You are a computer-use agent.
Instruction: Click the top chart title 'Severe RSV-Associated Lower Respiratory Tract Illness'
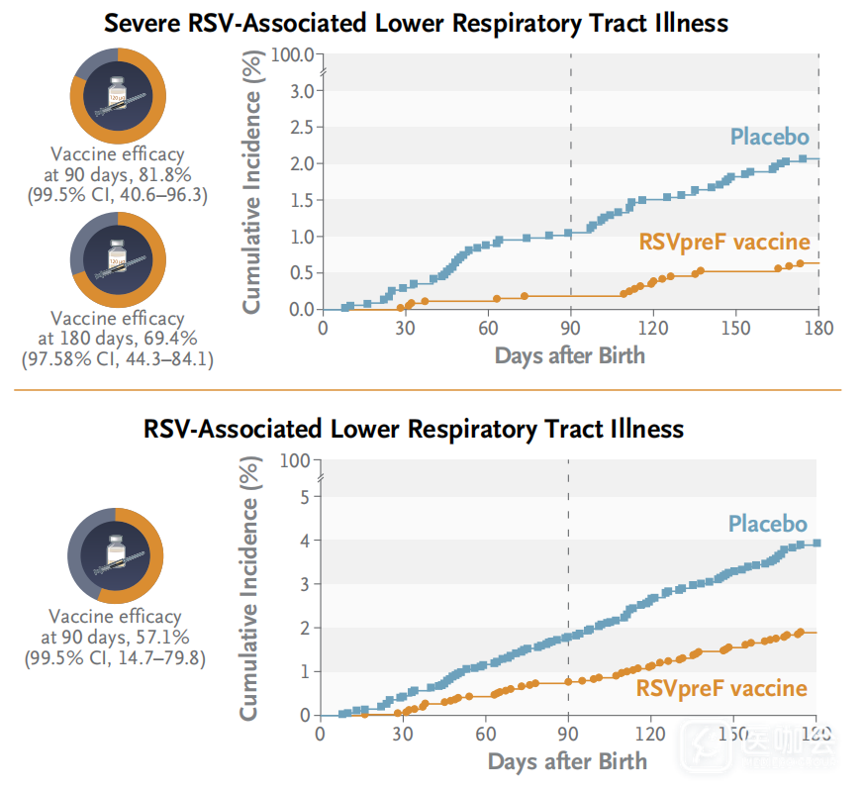[x=416, y=21]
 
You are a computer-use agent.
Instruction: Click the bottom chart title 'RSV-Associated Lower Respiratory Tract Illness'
[x=414, y=429]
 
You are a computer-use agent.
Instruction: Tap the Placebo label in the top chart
[x=769, y=137]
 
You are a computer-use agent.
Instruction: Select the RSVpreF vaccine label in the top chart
[x=724, y=242]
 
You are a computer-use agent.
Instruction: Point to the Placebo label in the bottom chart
[x=768, y=524]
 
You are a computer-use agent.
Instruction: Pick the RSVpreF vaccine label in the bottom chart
[x=721, y=688]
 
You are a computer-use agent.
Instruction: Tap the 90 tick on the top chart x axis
[x=570, y=329]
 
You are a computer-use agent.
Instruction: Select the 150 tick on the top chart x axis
[x=734, y=329]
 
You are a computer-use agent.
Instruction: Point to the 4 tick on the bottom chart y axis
[x=304, y=541]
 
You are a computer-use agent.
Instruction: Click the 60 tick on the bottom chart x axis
[x=485, y=735]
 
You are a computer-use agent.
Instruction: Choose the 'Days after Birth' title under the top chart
[x=569, y=354]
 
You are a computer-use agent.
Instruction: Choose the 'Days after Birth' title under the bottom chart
[x=567, y=760]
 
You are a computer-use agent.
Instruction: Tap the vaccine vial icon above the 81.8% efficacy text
[x=117, y=95]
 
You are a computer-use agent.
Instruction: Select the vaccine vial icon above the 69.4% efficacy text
[x=117, y=258]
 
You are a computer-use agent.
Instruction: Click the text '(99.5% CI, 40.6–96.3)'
[x=117, y=195]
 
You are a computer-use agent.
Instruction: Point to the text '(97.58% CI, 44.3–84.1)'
[x=117, y=358]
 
